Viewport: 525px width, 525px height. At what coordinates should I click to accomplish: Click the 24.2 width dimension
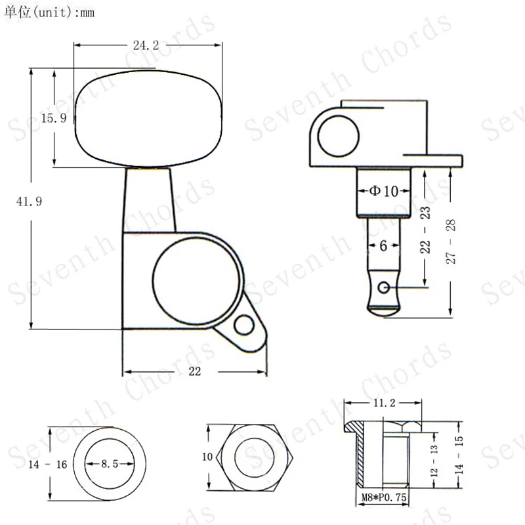146,45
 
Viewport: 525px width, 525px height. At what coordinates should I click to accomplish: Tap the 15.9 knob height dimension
54,118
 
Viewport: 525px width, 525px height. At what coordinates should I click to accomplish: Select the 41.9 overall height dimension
29,201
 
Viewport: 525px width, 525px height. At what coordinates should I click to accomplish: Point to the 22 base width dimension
194,371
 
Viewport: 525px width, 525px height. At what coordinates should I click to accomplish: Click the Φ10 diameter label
384,191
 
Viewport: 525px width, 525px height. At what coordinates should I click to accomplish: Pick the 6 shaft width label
384,245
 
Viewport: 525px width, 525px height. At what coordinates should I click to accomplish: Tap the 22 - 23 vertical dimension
425,230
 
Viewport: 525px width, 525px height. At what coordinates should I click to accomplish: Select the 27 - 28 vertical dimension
451,241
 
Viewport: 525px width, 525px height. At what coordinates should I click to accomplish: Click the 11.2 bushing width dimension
385,403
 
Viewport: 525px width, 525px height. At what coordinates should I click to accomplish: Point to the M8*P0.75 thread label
384,497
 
